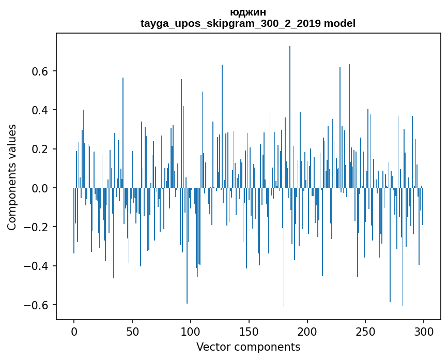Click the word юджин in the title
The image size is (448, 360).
tap(248, 12)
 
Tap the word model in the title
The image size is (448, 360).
tap(339, 24)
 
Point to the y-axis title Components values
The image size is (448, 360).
tap(12, 177)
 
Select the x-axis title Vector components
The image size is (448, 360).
tap(248, 347)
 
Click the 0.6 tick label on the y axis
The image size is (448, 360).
tap(39, 71)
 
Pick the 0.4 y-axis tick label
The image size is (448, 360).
tap(39, 110)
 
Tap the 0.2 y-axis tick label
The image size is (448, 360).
tap(39, 149)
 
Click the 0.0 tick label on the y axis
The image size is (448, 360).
tap(39, 188)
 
